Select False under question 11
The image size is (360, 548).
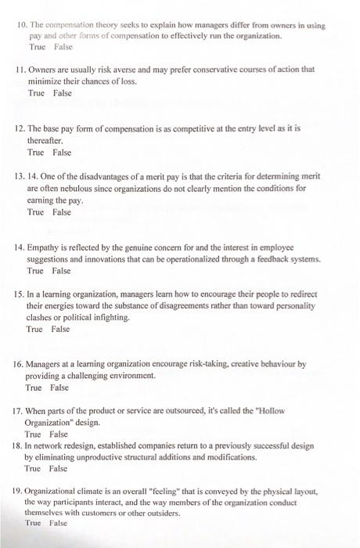pyautogui.click(x=62, y=92)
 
